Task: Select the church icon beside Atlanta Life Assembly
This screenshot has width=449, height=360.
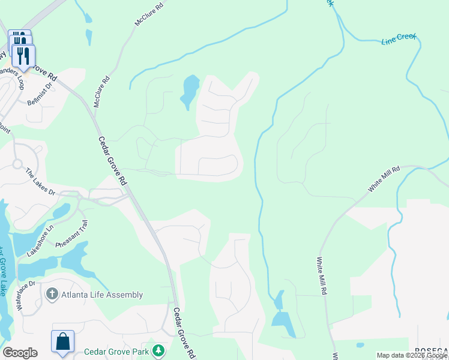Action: pos(52,295)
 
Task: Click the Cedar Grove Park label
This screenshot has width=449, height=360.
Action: pos(116,352)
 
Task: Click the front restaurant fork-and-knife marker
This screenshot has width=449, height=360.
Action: pos(23,56)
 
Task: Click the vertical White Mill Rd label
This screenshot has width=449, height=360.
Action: pos(322,275)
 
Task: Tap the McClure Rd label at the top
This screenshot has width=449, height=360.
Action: pos(149,13)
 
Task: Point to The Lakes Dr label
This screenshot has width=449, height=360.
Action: pos(40,182)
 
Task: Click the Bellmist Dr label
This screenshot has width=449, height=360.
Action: pos(41,94)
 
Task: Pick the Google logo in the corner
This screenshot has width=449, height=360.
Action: pos(20,353)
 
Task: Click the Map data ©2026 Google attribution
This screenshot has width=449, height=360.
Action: pos(412,355)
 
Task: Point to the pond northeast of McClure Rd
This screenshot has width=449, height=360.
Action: pos(190,91)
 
